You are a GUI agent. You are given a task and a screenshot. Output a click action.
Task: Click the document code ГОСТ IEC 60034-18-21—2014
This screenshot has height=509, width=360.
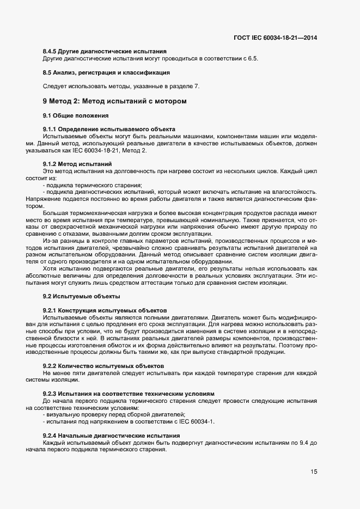point(275,38)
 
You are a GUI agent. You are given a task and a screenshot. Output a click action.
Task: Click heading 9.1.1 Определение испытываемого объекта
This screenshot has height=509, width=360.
point(109,129)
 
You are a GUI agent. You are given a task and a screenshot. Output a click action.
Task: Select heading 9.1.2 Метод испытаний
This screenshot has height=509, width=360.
point(77,164)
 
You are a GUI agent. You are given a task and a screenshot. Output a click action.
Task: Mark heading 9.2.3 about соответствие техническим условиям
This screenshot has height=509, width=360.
point(129,393)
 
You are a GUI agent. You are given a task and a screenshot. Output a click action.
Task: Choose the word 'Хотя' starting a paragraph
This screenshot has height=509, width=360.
point(51,268)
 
